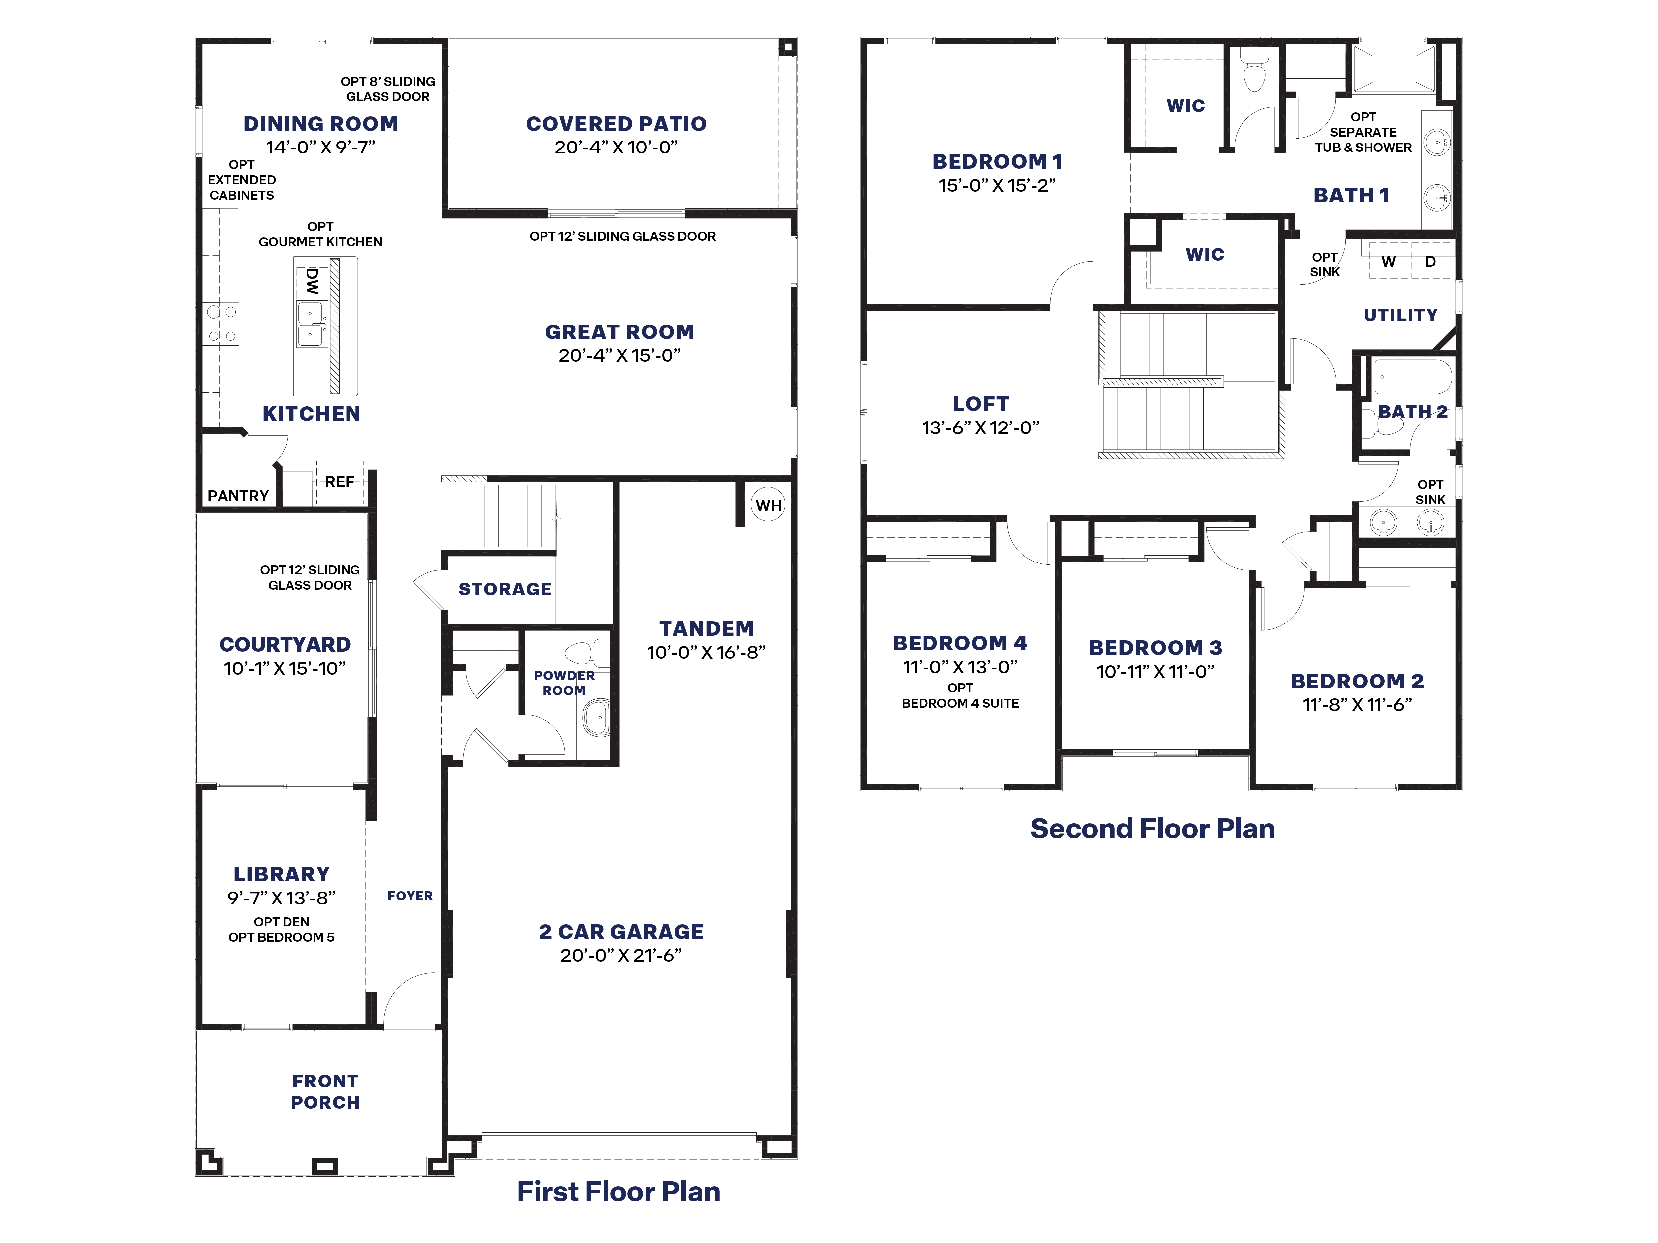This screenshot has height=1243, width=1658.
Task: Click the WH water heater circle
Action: pos(768,506)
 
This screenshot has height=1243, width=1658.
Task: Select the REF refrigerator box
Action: pos(340,482)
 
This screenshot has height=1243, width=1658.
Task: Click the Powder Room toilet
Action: pos(587,653)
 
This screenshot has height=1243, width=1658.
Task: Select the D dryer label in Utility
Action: pos(1430,262)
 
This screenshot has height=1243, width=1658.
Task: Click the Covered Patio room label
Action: pos(616,124)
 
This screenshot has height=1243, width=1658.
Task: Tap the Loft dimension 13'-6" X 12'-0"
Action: pos(981,428)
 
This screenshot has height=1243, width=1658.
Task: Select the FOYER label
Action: pos(410,896)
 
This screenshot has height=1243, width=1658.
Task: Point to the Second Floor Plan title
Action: pos(1152,829)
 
